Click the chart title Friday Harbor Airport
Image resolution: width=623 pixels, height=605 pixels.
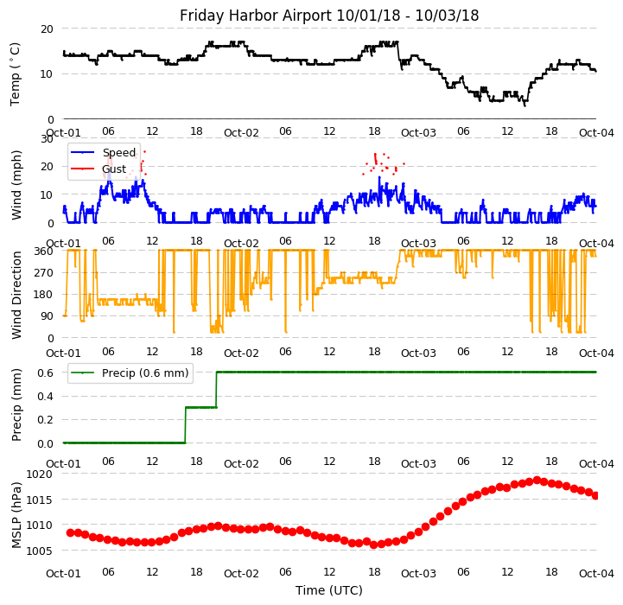(x=329, y=16)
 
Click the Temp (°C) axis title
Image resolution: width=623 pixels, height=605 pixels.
(x=16, y=73)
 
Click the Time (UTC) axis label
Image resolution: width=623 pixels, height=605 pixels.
(x=329, y=590)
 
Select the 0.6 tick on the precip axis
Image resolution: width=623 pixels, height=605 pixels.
(x=46, y=373)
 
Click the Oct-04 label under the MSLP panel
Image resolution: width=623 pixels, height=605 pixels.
(x=596, y=573)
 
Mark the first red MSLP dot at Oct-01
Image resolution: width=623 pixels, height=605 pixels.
(x=70, y=532)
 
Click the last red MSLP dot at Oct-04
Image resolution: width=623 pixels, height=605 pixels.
(x=595, y=495)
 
